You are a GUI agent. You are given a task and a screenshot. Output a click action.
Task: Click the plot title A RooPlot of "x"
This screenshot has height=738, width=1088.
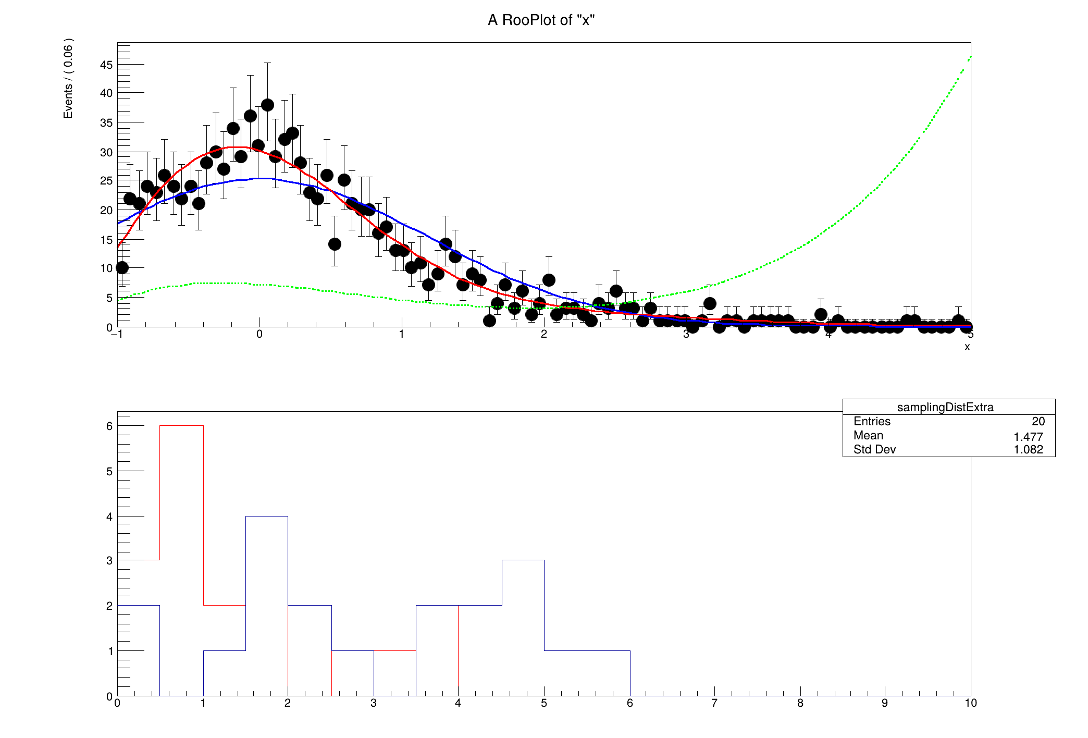point(541,20)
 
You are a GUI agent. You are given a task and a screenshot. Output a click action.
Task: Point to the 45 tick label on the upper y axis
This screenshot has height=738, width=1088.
point(106,65)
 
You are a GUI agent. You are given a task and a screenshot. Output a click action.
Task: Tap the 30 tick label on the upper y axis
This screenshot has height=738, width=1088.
point(106,152)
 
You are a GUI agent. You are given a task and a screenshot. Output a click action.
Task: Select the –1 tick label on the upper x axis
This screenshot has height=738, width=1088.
point(117,334)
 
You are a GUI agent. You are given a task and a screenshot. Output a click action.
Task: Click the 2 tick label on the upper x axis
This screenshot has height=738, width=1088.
point(543,334)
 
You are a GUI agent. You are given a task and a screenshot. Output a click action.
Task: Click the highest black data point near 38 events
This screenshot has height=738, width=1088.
point(267,105)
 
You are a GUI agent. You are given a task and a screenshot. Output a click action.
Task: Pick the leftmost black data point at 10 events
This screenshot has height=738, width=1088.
point(122,268)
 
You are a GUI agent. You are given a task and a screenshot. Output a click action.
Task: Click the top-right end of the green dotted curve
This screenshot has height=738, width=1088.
point(969,58)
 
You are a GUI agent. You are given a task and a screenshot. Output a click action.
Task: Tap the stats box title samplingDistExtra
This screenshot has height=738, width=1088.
point(945,407)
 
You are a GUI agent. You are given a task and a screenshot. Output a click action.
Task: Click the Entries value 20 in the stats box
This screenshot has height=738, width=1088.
point(1038,421)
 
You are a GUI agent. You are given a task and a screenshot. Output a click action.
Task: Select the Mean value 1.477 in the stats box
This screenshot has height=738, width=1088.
point(1028,437)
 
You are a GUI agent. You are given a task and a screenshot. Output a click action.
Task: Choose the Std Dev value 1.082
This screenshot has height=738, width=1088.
point(1028,449)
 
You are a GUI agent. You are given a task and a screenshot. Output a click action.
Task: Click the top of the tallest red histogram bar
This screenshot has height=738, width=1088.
point(181,426)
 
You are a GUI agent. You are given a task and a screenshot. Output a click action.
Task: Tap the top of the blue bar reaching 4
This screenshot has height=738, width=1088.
point(266,516)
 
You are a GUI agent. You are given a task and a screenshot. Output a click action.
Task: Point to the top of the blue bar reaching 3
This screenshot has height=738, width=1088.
point(523,560)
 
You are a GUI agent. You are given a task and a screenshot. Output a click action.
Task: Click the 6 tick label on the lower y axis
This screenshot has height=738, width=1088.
point(109,426)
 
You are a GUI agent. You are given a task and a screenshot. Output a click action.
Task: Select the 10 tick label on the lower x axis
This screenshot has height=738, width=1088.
point(970,703)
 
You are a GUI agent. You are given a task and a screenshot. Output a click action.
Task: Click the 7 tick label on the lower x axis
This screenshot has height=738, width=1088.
point(714,703)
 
